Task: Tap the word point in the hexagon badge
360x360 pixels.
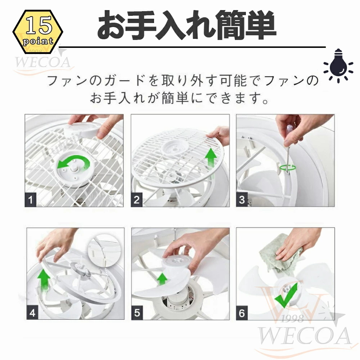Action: pyautogui.click(x=38, y=41)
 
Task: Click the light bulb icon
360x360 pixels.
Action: pyautogui.click(x=338, y=66)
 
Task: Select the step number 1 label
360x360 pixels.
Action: pyautogui.click(x=31, y=200)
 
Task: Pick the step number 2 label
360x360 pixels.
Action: pyautogui.click(x=136, y=200)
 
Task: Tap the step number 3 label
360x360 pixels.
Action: pyautogui.click(x=242, y=200)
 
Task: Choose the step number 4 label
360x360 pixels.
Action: pyautogui.click(x=32, y=313)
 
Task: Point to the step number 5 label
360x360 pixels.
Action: pyautogui.click(x=137, y=313)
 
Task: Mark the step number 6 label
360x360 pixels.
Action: pyautogui.click(x=242, y=313)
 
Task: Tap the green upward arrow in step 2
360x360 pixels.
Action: pyautogui.click(x=211, y=161)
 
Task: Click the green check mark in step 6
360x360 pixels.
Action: pyautogui.click(x=286, y=296)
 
